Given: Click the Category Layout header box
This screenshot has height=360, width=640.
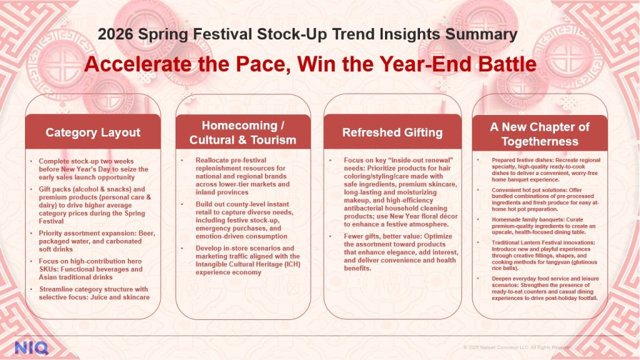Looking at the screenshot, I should pos(93,132).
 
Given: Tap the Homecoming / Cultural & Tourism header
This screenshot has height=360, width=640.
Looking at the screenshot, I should pos(243,132).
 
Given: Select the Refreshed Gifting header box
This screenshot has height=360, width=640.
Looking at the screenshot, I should pos(392,132).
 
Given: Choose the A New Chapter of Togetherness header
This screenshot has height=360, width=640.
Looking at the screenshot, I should pos(539,134).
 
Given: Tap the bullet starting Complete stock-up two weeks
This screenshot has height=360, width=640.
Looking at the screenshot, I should pos(94,169).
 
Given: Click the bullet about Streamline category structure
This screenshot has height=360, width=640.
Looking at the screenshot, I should pos(94,292).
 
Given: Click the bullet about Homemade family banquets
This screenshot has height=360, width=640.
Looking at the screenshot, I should pos(538,230).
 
